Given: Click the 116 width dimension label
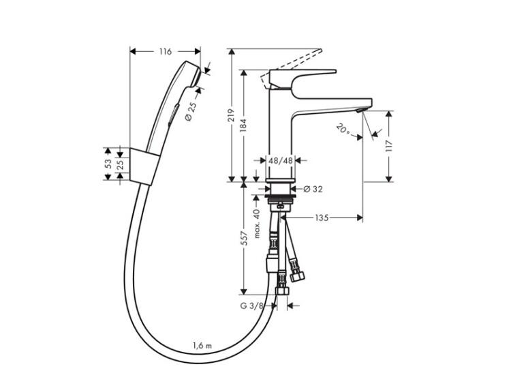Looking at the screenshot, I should (164, 51).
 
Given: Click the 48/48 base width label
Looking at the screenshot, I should (280, 160).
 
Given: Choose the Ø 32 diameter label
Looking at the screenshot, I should (312, 189).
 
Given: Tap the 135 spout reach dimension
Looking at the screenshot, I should (322, 218).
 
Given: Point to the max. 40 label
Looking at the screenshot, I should (258, 223).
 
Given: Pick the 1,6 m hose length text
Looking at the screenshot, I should (202, 346).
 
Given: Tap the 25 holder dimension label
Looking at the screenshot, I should (121, 164).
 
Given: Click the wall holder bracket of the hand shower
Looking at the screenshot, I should (142, 164).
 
